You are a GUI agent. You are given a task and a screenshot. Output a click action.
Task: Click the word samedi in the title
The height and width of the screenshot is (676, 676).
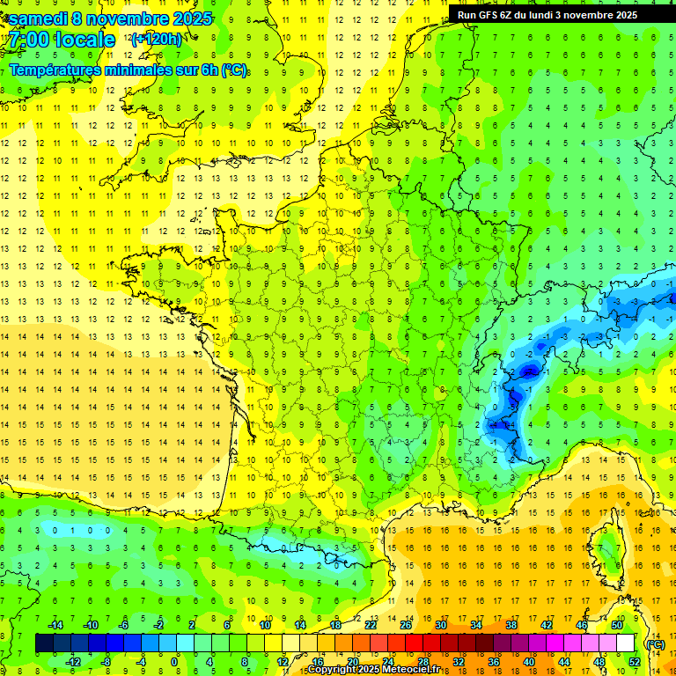[x=39, y=18]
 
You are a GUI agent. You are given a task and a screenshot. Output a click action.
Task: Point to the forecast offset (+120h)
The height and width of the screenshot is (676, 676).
[x=156, y=39]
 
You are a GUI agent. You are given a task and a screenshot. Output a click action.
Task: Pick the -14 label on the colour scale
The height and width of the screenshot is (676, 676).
[x=55, y=625]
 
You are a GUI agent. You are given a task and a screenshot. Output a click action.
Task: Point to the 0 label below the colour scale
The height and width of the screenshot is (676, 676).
[x=174, y=662]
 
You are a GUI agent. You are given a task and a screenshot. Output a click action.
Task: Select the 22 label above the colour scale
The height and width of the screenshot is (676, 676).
[x=371, y=625]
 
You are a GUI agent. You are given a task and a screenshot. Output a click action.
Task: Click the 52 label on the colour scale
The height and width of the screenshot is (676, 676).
[x=633, y=662]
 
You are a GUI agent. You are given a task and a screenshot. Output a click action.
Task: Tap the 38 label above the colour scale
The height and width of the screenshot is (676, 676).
[x=511, y=625]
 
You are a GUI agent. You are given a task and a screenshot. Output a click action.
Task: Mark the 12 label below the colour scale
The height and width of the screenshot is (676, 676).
[x=283, y=662]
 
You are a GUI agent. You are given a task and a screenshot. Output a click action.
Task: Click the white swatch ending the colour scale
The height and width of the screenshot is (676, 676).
[x=625, y=643]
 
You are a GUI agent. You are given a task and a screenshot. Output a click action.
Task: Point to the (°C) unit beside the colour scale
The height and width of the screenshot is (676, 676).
[x=655, y=643]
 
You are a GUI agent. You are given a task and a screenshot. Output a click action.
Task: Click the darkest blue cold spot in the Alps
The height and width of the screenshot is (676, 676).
[x=529, y=371]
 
